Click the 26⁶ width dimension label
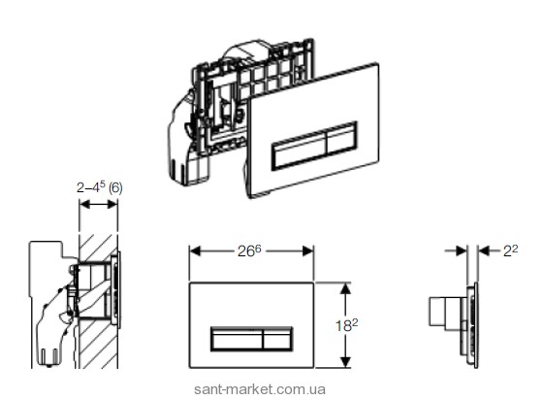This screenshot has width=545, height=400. (249, 250)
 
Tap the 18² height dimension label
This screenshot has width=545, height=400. (346, 325)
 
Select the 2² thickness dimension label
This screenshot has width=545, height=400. (511, 250)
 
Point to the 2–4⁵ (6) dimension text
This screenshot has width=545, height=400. (100, 187)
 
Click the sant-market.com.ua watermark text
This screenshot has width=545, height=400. (260, 389)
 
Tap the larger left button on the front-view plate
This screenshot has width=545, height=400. (237, 339)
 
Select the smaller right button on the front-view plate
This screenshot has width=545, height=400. (277, 339)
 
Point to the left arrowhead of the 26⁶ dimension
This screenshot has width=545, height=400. (195, 250)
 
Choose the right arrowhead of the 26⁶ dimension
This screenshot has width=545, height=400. (307, 250)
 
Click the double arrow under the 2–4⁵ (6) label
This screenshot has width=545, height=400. (98, 204)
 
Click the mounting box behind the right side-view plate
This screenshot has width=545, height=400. (446, 312)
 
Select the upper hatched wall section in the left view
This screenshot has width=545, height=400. (97, 248)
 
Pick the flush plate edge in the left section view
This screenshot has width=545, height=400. (118, 289)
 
